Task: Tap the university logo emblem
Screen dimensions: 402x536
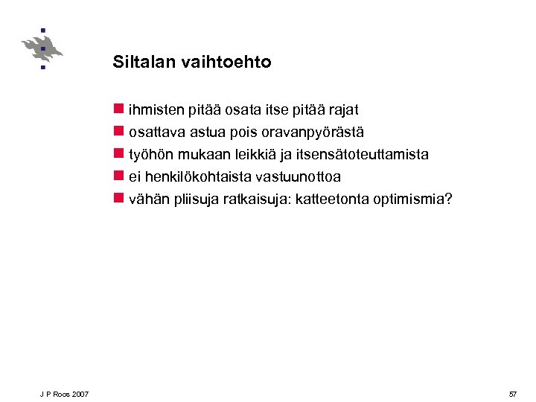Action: pos(42,49)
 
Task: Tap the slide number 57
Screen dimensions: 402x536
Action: pos(512,393)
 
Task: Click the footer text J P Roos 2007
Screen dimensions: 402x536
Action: pos(65,393)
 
